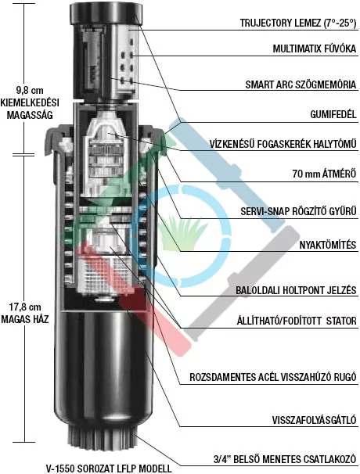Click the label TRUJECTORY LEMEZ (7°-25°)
298,23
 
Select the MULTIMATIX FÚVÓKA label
315,48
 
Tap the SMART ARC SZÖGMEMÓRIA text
301,84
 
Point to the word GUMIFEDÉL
333,114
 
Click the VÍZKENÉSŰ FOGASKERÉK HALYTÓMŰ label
283,144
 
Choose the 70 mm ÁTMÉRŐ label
324,174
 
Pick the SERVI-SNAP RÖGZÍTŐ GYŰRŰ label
299,210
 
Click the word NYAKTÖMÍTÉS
328,245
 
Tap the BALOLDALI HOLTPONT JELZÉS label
296,290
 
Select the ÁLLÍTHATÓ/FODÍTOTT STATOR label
297,320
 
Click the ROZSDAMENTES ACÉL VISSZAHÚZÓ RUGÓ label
273,377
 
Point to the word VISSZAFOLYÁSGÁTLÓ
314,419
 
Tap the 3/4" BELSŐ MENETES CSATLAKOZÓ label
285,459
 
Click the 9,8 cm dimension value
29,91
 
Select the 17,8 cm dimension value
25,307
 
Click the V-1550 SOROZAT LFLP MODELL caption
109,469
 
